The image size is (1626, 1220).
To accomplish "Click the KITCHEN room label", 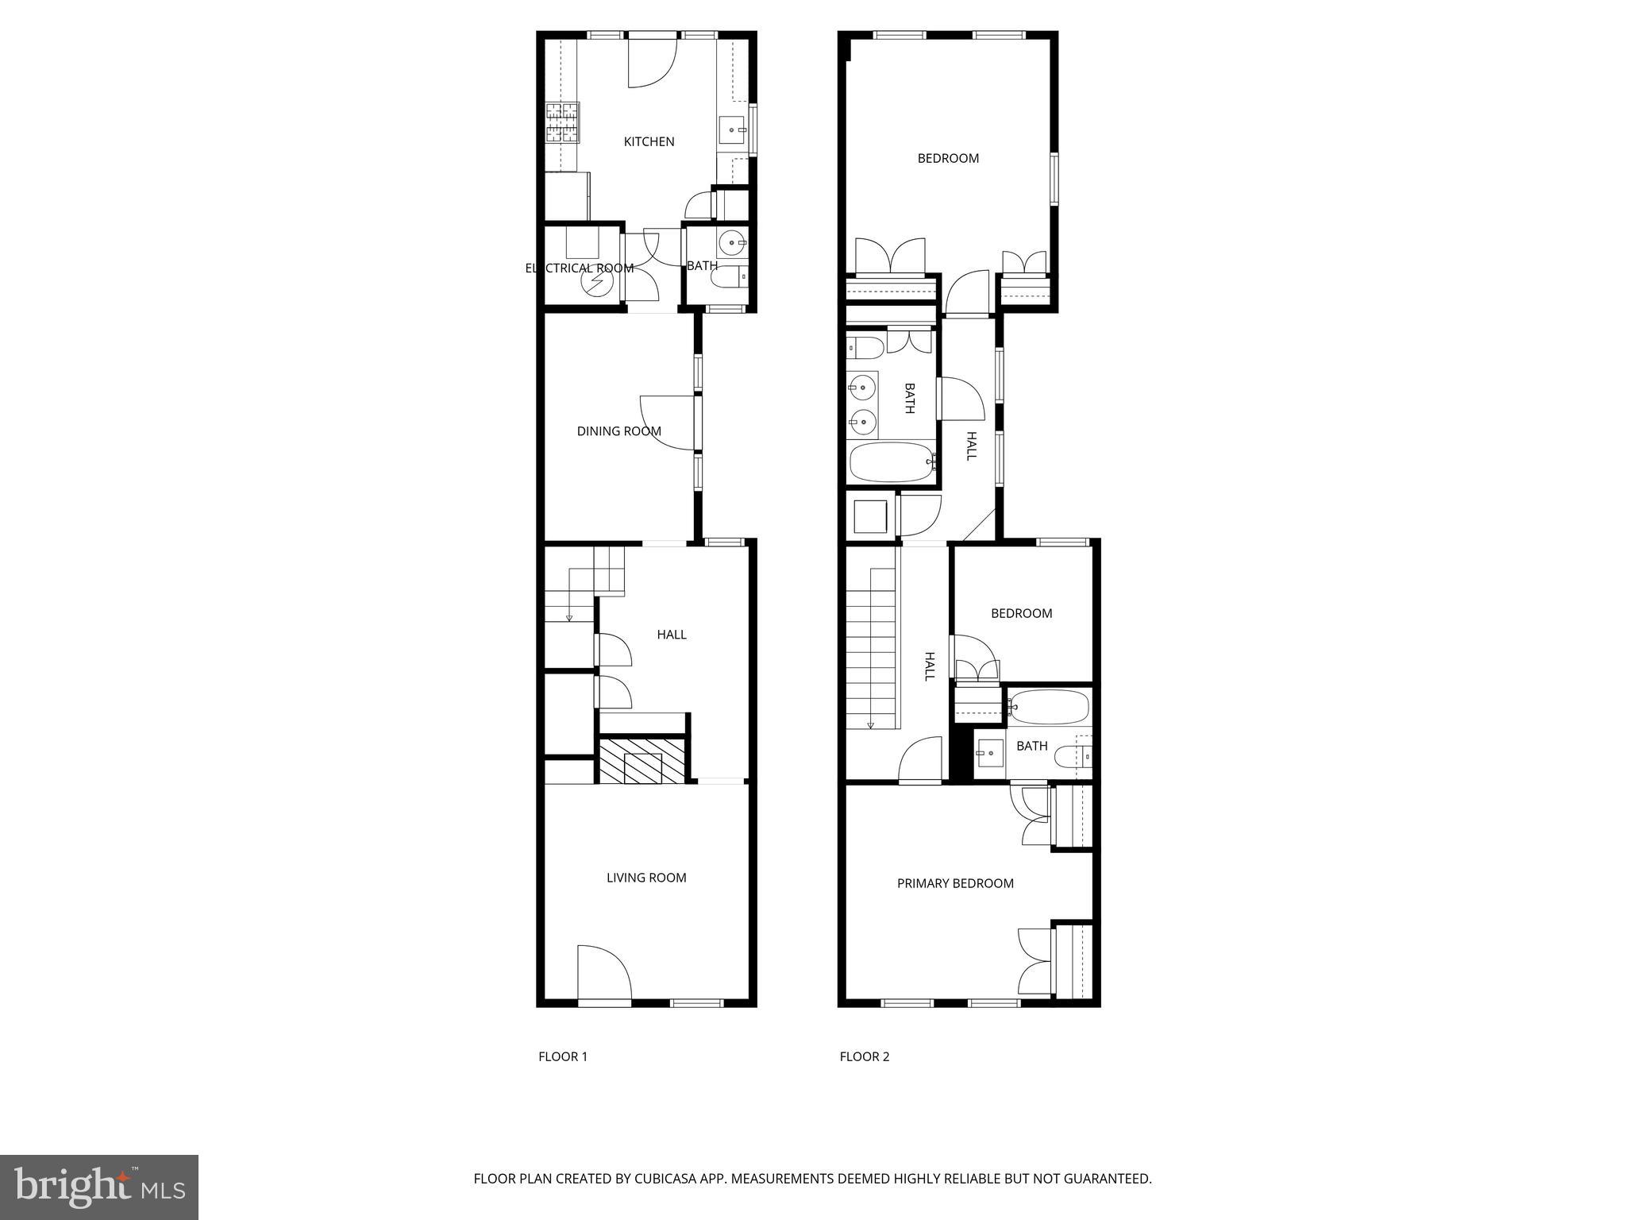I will (649, 141).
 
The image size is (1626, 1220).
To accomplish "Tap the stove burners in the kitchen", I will (562, 122).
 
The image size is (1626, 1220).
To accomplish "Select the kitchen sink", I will (732, 129).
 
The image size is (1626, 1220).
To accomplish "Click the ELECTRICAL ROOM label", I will (579, 268).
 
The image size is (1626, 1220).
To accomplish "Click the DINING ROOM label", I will (618, 431).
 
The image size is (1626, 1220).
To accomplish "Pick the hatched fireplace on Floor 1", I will (642, 762).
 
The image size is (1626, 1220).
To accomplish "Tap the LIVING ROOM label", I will (646, 878).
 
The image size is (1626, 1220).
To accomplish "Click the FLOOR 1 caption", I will (562, 1056).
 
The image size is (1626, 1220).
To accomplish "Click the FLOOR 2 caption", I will (865, 1056).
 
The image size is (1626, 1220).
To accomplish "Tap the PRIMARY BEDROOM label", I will (955, 883).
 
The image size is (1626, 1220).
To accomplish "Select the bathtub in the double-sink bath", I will (890, 462).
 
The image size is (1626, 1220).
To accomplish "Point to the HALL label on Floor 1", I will (671, 635).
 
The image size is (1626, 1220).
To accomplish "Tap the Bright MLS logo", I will (99, 1186).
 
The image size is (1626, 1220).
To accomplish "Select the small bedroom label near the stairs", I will (1021, 613).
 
